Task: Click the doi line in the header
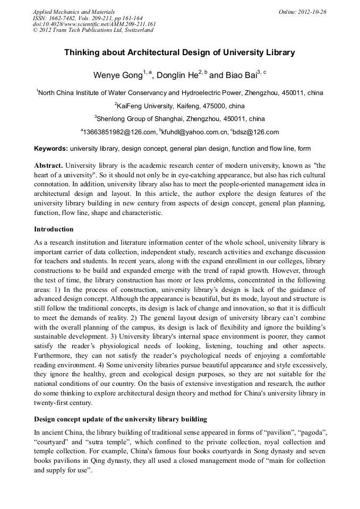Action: (x=94, y=24)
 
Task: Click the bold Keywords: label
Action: (x=50, y=149)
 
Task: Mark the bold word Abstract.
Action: (x=48, y=165)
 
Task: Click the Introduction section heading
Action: (x=54, y=229)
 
